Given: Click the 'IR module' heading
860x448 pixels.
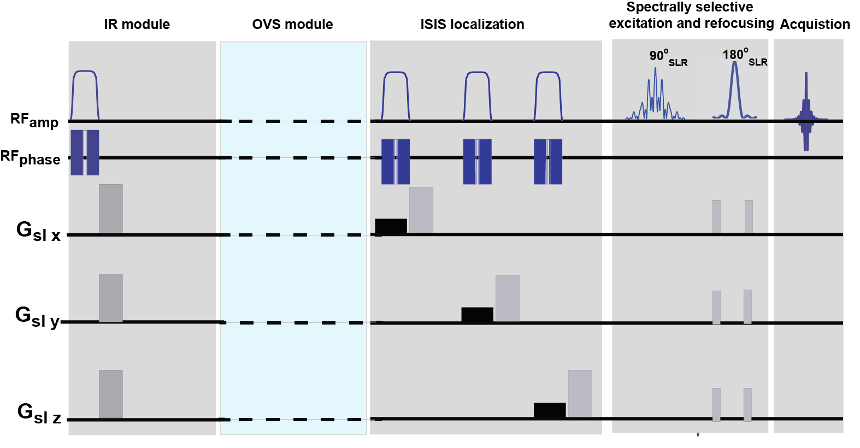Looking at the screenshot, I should point(137,25).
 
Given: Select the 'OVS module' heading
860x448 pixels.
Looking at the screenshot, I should point(292,25).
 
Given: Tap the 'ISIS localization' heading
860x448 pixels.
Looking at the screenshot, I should point(472,25).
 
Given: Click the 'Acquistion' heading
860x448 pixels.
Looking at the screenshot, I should point(815,25).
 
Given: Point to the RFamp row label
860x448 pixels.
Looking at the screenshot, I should point(34,120).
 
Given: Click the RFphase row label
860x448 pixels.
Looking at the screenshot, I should point(30,158).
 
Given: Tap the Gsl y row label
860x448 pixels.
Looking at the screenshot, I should point(37,317).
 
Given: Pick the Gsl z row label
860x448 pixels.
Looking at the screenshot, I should point(39,414).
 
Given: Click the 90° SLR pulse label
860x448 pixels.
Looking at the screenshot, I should point(668,57).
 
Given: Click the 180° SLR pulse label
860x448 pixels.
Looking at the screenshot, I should point(744,56).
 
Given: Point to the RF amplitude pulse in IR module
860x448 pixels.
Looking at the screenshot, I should point(85,93).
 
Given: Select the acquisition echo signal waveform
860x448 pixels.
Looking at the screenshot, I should point(806,112).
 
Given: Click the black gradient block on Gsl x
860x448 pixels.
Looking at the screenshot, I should point(391,226).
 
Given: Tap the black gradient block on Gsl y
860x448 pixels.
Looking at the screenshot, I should point(477,315).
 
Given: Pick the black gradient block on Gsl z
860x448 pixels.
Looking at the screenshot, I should point(549,410).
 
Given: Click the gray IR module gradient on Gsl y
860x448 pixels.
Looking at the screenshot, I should point(111,298).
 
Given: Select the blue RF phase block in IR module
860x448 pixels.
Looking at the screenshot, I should point(85,152).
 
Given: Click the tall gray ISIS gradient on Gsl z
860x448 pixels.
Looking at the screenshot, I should point(580,393).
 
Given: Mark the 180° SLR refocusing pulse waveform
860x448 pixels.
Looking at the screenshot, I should point(735,90).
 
